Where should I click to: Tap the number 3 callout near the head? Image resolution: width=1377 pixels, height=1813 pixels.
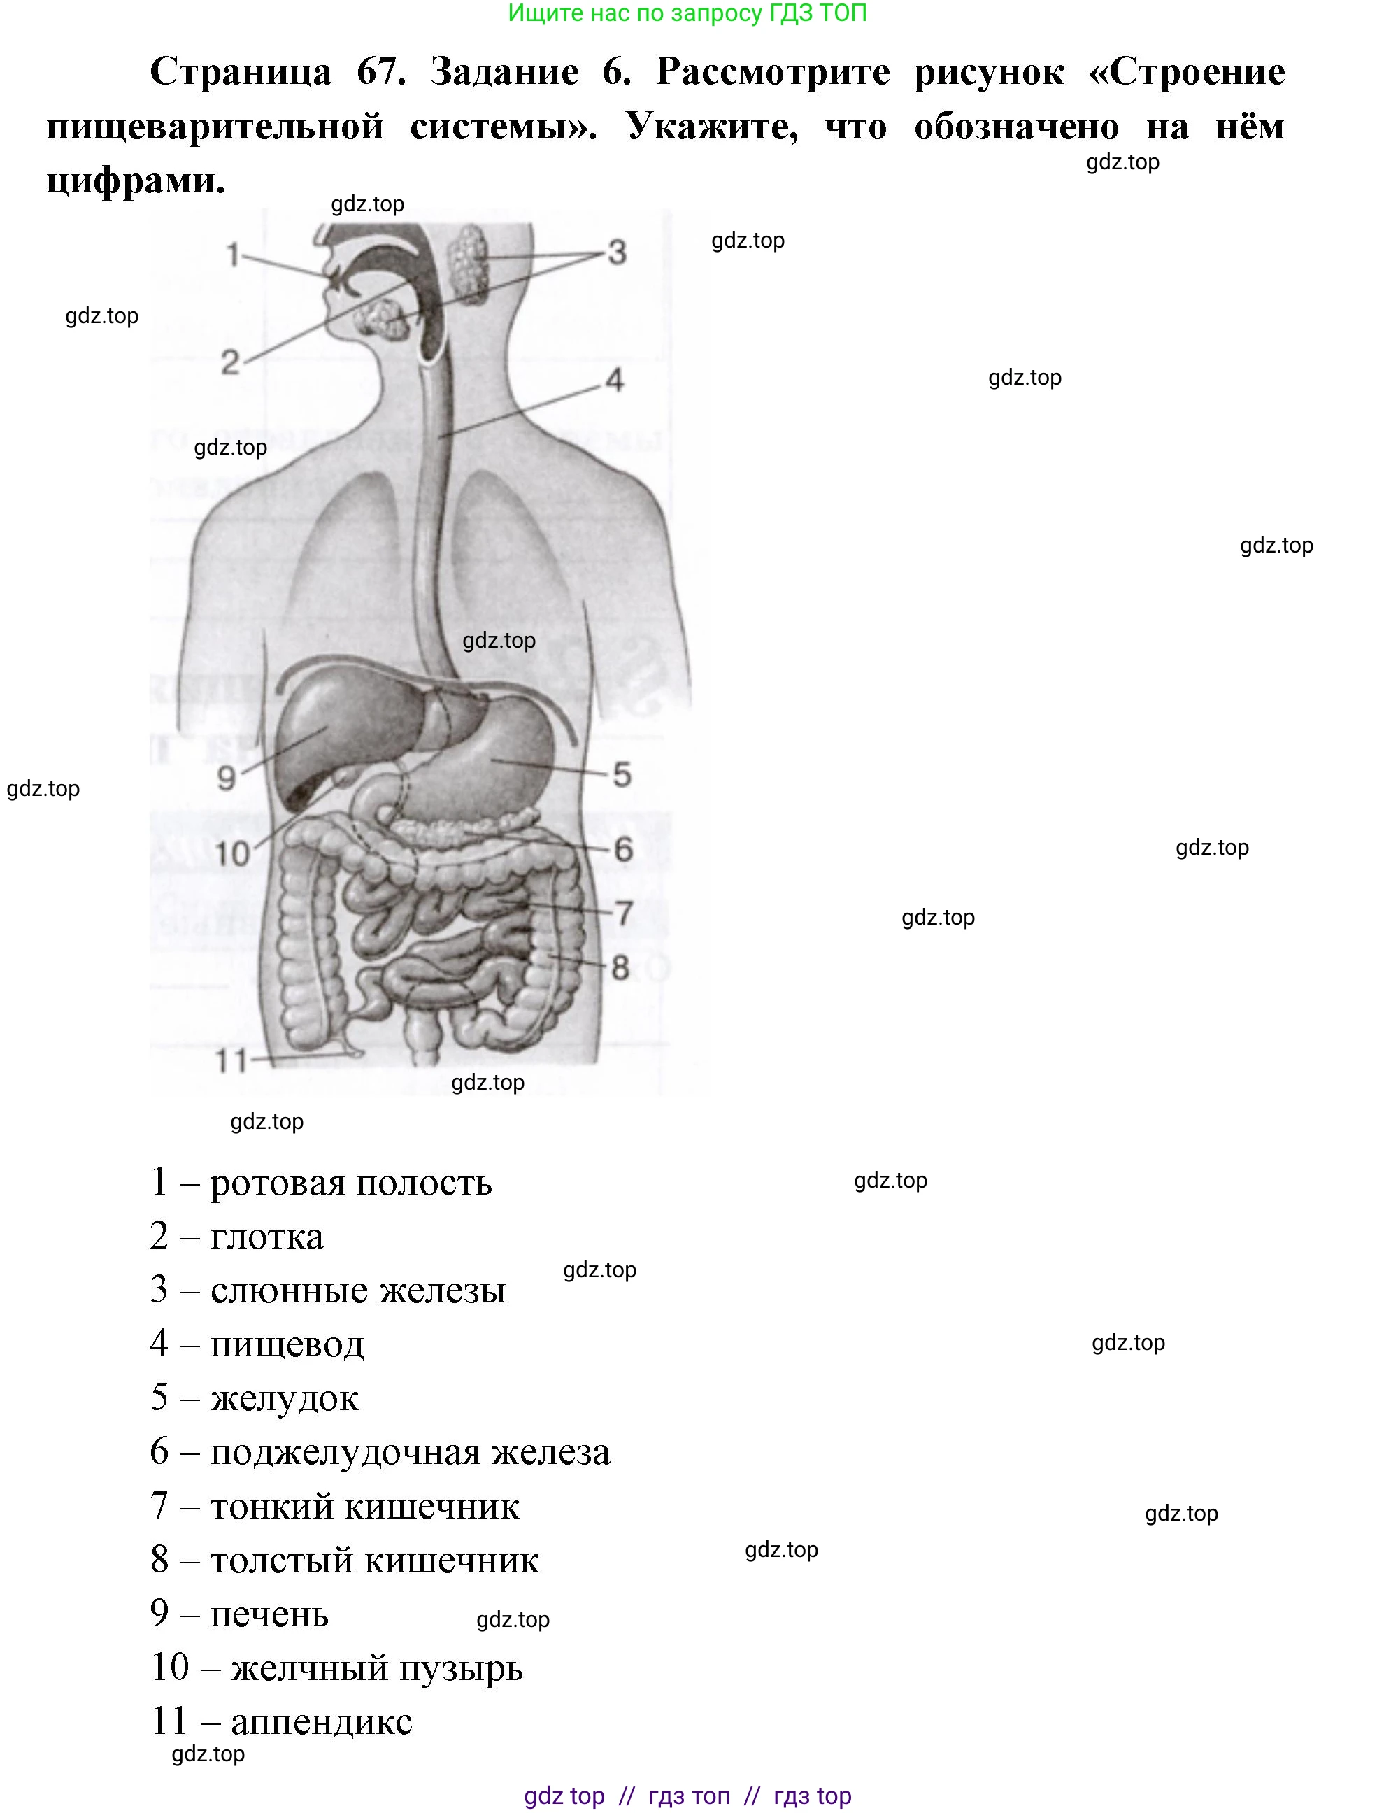click(618, 253)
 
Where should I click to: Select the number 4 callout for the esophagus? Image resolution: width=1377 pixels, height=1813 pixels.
click(615, 380)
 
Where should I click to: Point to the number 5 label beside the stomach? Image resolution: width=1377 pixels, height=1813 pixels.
click(622, 774)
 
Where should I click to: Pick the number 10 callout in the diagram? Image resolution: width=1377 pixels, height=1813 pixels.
click(232, 854)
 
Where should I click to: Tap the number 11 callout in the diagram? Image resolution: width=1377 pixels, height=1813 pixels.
click(230, 1061)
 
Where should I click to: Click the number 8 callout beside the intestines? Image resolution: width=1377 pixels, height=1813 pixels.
click(620, 968)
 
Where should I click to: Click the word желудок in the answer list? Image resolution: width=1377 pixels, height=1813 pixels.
click(285, 1399)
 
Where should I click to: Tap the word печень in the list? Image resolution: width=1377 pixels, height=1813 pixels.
click(270, 1614)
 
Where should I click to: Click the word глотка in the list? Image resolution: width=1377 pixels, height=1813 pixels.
click(267, 1237)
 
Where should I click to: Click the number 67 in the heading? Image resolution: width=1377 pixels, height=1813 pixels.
click(381, 72)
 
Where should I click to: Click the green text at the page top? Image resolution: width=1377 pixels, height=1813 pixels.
click(687, 13)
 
